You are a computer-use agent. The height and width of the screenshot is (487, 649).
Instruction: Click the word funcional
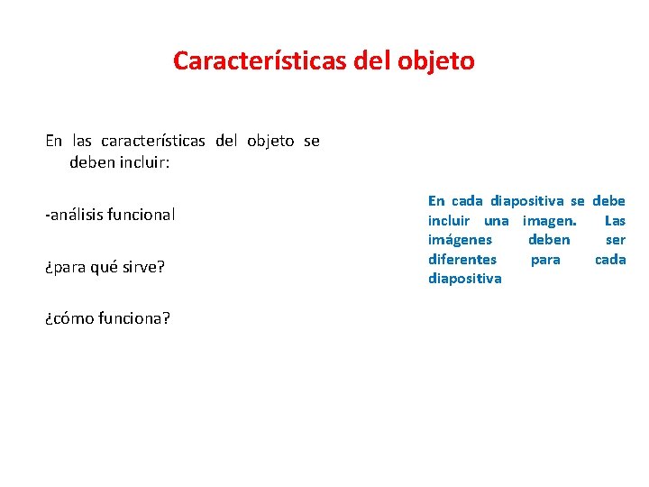[x=141, y=215]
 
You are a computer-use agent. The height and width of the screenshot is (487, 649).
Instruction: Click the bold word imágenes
[x=460, y=240]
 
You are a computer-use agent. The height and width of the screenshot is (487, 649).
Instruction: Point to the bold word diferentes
[x=462, y=259]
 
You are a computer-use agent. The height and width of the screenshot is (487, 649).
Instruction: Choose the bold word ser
[x=616, y=240]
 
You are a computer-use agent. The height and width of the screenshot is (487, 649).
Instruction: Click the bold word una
[x=496, y=220]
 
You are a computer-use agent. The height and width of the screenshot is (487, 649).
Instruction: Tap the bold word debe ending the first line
[x=608, y=200]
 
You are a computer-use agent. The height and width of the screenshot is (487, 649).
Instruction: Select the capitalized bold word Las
[x=615, y=220]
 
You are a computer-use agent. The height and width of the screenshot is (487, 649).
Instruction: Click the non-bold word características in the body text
[x=153, y=141]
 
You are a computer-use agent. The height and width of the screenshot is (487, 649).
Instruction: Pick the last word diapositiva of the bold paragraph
[x=464, y=279]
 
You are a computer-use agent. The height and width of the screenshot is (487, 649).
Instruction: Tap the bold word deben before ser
[x=549, y=240]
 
